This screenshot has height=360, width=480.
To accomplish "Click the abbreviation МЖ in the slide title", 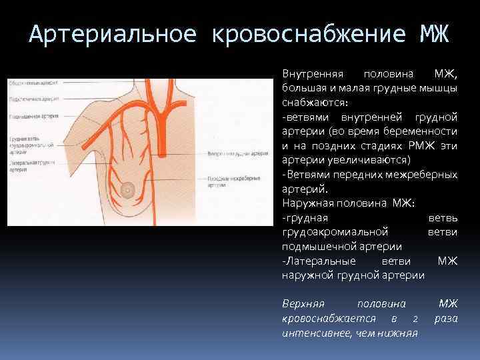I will pos(435,31).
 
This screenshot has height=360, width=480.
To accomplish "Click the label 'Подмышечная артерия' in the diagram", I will pos(33,115).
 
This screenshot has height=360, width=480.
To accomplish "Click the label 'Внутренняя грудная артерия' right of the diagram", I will pos(238,153).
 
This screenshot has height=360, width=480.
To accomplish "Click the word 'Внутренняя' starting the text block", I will pos(311,73).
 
